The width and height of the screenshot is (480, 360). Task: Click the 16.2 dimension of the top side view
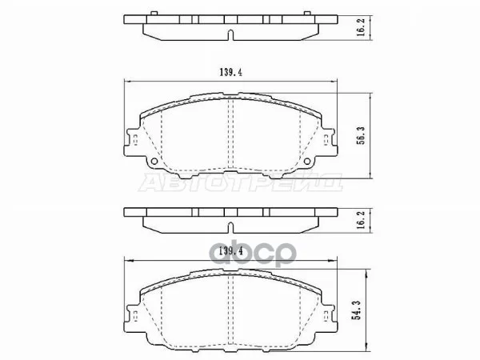(x=361, y=27)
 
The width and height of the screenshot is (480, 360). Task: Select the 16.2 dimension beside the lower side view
(x=361, y=220)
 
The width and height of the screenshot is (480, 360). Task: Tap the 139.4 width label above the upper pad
(x=231, y=73)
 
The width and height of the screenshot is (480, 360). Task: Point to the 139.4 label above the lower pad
(x=231, y=251)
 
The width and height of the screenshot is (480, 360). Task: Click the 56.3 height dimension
(x=361, y=136)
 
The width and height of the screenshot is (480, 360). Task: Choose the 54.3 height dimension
(x=357, y=310)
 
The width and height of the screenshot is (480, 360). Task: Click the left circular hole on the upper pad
(x=154, y=162)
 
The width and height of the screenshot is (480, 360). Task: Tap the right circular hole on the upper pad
(x=307, y=162)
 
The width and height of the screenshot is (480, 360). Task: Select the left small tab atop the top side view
(x=154, y=13)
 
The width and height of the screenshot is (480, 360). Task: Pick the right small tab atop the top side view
(x=307, y=13)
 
